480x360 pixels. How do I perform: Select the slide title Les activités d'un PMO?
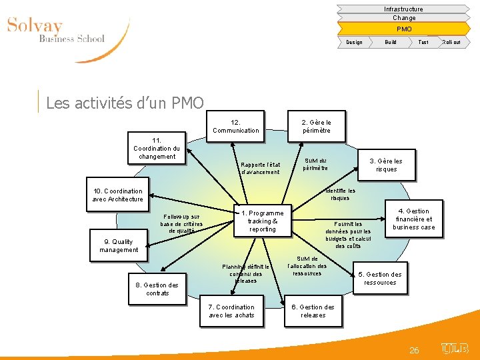(125, 103)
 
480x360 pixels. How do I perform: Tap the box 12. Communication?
(235, 127)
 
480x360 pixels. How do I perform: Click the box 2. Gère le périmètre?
(316, 127)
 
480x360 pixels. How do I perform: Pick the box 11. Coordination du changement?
(156, 148)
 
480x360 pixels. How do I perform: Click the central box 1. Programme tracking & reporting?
(262, 221)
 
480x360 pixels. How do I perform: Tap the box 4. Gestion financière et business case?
(413, 219)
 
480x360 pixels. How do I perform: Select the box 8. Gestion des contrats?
(157, 289)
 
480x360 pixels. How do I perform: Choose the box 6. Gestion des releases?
(313, 311)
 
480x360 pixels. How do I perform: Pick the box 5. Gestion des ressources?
(380, 278)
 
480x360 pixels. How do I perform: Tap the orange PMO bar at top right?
(404, 29)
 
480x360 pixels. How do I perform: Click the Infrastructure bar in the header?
(403, 9)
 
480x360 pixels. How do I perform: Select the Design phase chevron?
(355, 42)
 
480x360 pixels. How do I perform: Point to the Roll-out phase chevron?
(451, 42)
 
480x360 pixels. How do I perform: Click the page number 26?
(414, 350)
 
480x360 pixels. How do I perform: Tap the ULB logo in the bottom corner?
(455, 348)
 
